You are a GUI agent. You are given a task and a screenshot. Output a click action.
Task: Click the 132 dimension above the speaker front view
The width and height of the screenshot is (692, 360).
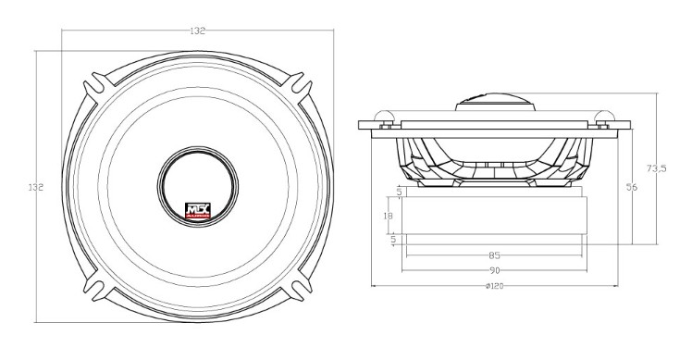coord(198,31)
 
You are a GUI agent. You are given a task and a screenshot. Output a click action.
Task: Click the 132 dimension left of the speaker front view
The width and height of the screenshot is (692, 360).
coord(36,187)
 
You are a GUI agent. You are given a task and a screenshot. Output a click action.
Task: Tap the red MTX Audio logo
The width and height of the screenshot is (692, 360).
coord(198,210)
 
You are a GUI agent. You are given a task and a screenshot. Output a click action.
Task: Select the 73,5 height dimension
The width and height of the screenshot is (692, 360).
coord(656,168)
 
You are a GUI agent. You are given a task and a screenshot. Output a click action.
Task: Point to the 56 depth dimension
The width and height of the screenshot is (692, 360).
coord(632,187)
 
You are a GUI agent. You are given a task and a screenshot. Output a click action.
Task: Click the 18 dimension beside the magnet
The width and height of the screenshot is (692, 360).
coord(388,216)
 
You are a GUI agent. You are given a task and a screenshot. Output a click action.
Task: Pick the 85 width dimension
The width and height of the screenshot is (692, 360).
coord(494,255)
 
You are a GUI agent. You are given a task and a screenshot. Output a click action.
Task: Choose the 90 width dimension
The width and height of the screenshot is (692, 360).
coord(494,270)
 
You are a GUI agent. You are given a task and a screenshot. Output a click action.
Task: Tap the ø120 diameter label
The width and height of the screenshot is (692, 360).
coord(494,286)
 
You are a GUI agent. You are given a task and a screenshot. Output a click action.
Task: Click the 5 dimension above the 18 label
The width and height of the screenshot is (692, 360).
coord(399,192)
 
